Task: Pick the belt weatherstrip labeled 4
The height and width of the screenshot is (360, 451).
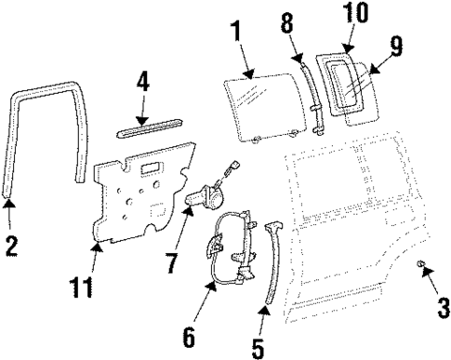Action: (x=149, y=125)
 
